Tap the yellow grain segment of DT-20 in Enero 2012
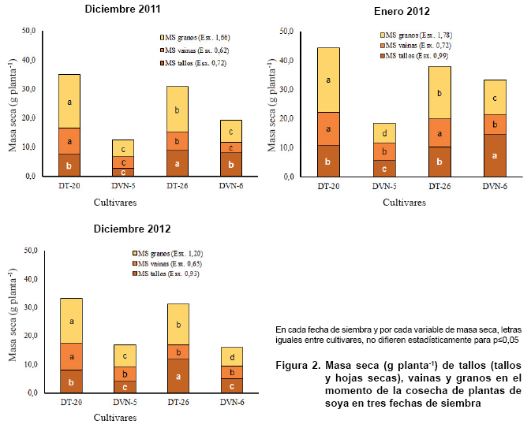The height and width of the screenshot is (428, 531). [328, 80]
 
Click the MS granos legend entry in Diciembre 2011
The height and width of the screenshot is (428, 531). [193, 37]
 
